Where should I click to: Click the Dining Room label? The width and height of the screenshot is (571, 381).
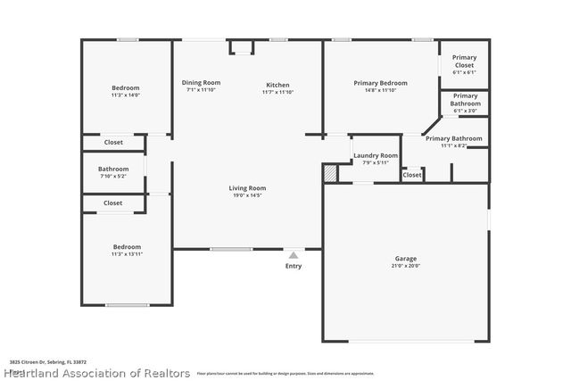click(x=201, y=82)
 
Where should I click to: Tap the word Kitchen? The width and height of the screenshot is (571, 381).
click(x=277, y=85)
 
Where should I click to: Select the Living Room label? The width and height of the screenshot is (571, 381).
click(x=247, y=188)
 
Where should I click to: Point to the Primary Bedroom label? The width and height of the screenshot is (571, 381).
click(x=380, y=82)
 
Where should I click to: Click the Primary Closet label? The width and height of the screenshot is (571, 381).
click(x=464, y=61)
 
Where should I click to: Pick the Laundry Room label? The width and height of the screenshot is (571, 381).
click(x=376, y=155)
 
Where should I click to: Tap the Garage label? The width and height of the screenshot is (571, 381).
click(x=406, y=259)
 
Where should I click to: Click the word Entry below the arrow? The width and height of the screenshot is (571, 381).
click(x=294, y=266)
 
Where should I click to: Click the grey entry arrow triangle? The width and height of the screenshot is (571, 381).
click(x=294, y=254)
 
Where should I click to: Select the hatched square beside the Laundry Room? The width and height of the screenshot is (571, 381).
click(x=330, y=172)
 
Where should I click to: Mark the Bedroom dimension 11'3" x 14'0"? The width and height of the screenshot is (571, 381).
click(x=126, y=95)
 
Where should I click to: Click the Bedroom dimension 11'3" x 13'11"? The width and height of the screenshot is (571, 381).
click(x=127, y=254)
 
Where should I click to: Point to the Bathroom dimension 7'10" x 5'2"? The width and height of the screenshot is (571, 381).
click(x=113, y=176)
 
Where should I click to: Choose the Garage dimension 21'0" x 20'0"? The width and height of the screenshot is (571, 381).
click(x=406, y=266)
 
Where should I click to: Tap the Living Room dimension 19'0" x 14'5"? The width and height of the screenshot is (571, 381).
click(x=247, y=195)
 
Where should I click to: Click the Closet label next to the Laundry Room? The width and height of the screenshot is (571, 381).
click(x=411, y=176)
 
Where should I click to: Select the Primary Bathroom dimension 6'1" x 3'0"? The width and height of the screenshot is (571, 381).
click(x=465, y=111)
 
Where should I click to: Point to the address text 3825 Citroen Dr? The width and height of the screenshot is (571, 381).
click(x=27, y=362)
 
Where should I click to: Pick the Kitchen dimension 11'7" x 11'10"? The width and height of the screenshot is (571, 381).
click(x=277, y=92)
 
